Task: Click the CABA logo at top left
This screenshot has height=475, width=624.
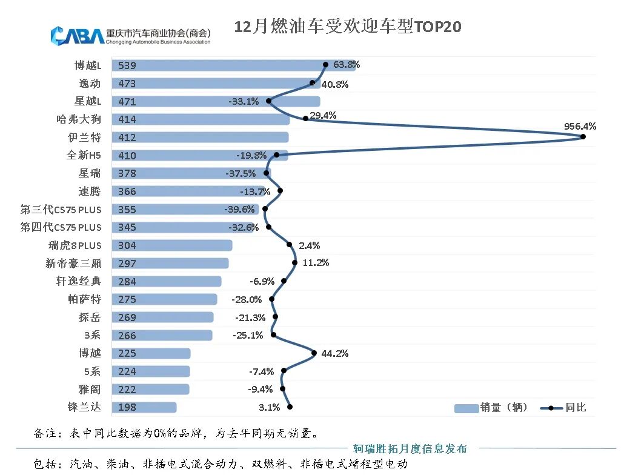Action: [x=77, y=35]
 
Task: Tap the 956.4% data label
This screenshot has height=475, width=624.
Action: [x=580, y=127]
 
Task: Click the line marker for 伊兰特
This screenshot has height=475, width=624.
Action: [x=583, y=137]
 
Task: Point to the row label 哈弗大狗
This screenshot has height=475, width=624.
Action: [x=79, y=119]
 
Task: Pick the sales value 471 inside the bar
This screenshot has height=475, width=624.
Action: [x=127, y=102]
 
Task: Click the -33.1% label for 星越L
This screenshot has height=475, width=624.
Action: [x=244, y=102]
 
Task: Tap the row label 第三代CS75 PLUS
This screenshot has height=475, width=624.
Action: [x=61, y=210]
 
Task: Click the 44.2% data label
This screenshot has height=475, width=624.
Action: [x=333, y=354]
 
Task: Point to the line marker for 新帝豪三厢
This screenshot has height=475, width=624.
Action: [x=294, y=263]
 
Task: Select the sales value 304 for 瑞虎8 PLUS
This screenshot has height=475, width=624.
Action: [x=127, y=245]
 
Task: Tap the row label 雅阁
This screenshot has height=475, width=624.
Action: [x=90, y=390]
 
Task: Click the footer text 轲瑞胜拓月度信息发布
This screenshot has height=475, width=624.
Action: [x=410, y=449]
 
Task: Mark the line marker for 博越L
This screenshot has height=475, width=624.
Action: [x=325, y=64]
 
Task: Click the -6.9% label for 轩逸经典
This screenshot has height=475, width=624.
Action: [x=262, y=281]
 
